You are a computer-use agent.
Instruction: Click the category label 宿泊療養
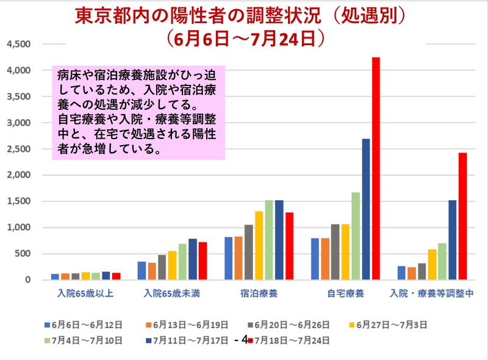click(x=259, y=294)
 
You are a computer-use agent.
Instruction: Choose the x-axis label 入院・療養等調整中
click(x=432, y=294)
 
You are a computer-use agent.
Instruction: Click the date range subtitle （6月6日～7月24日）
click(x=244, y=38)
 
